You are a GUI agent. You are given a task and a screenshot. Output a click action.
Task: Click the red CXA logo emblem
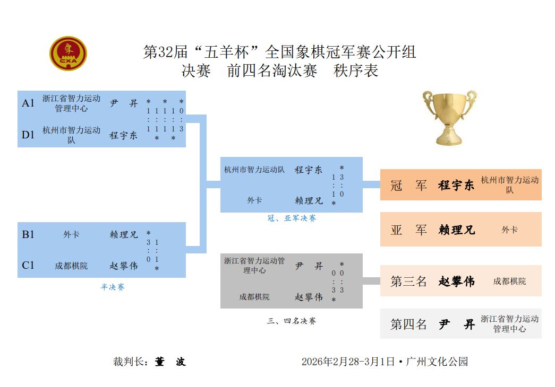69,54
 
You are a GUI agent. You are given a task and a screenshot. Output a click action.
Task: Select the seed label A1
28,103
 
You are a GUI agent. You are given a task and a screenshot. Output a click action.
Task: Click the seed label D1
28,135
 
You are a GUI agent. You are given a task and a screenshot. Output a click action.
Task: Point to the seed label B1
28,234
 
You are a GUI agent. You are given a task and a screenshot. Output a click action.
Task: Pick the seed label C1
28,265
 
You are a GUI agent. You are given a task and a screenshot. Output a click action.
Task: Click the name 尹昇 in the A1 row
124,103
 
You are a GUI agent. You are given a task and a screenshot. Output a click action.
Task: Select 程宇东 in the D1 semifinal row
124,135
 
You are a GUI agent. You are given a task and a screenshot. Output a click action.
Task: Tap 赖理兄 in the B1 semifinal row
124,234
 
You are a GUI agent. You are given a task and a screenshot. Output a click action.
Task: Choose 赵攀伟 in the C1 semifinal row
124,266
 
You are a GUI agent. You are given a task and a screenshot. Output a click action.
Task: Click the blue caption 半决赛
113,287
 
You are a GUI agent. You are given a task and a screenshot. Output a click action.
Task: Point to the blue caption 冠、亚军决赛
292,218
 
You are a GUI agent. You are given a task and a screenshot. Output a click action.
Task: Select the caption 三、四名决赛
292,321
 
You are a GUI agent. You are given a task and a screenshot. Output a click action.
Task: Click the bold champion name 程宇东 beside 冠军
456,186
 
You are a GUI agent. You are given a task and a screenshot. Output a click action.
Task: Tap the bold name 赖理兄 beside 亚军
456,230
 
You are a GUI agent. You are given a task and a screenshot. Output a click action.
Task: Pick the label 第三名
408,282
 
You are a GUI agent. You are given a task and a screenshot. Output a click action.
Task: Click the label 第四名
408,324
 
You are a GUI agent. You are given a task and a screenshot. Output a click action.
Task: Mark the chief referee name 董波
170,362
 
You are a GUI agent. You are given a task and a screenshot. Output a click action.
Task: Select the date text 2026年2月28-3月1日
348,362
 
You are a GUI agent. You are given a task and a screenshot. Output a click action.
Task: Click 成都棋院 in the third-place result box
509,282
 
